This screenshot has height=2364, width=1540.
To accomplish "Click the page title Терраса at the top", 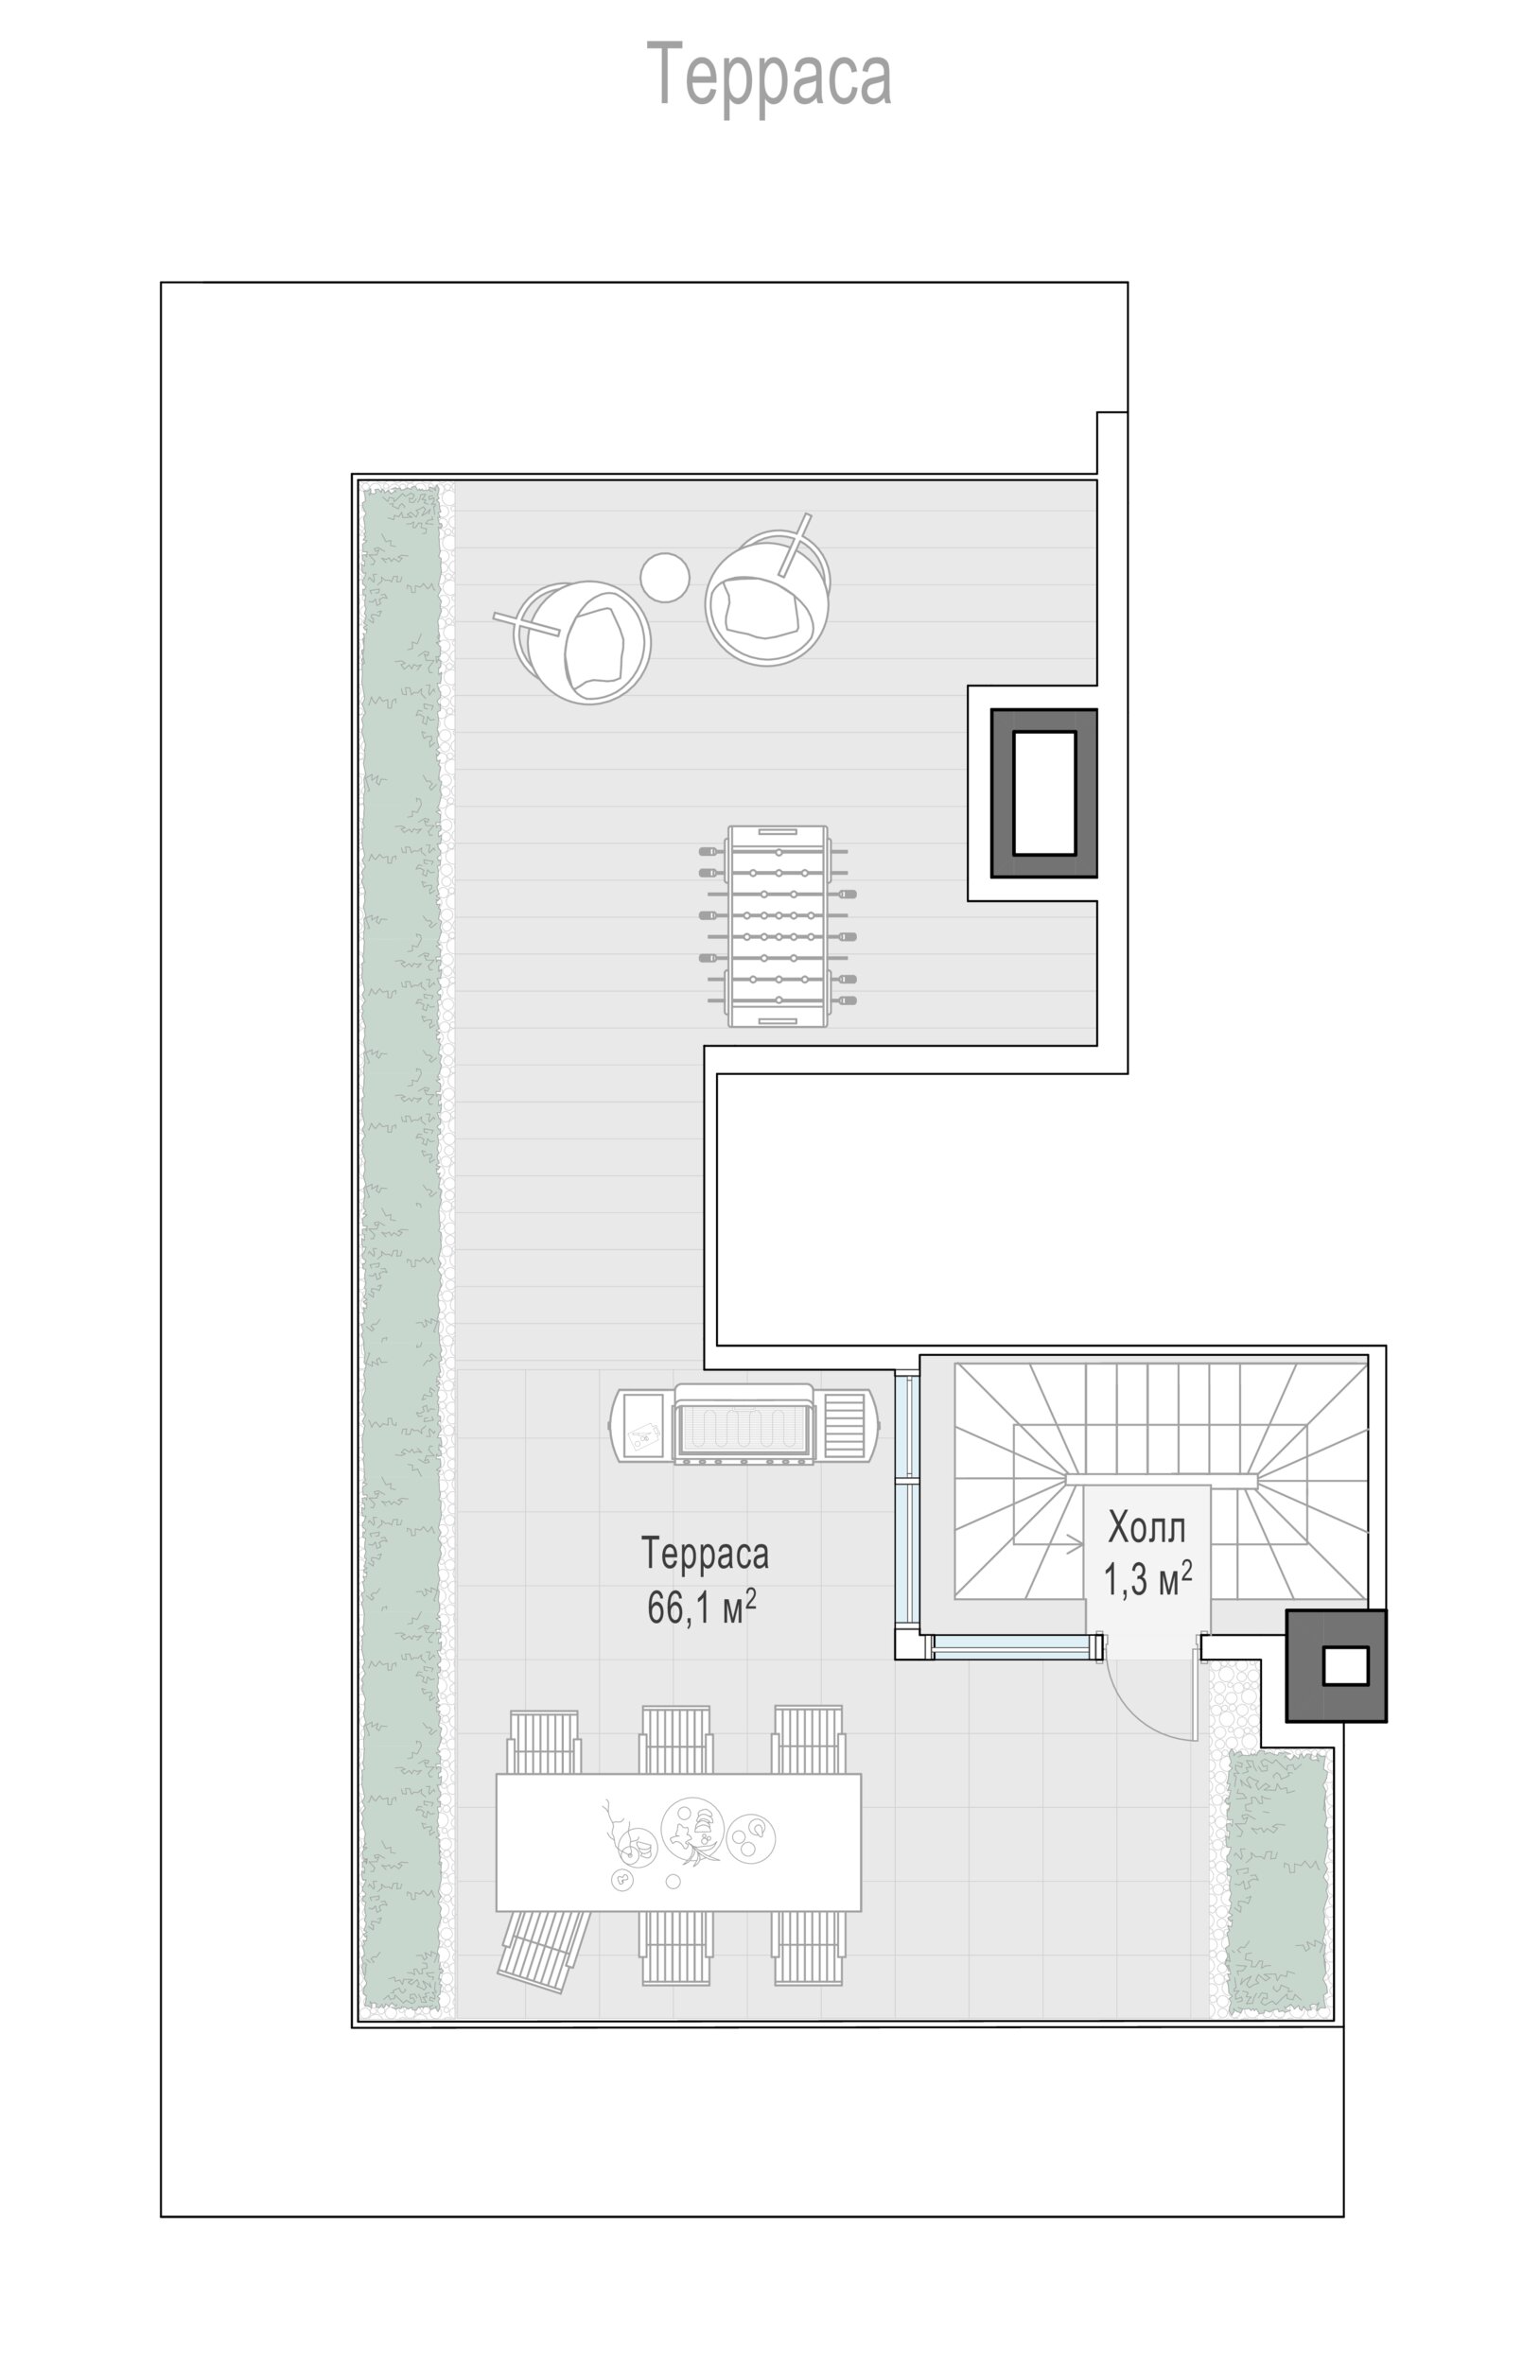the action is click(769, 76).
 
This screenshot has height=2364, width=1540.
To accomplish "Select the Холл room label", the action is click(1146, 1528).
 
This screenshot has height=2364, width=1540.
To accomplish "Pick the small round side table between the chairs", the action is click(665, 577).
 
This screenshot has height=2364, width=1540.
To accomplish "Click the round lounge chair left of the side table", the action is click(581, 642).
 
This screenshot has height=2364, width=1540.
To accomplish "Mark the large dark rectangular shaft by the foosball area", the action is click(1043, 792).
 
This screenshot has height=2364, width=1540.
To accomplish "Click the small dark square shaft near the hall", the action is click(1336, 1666).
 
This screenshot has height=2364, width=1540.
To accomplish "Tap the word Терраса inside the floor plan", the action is click(705, 1554).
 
